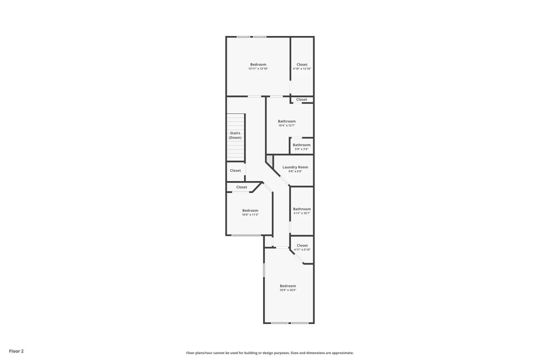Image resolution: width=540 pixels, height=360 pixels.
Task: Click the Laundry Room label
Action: coord(295,167)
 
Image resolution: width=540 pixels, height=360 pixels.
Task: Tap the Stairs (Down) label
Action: coord(235,135)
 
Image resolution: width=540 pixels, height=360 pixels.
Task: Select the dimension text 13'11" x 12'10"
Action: coord(258,69)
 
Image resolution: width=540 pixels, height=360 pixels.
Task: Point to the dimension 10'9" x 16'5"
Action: coord(288,290)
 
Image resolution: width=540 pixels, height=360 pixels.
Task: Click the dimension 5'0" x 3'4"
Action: coord(302,149)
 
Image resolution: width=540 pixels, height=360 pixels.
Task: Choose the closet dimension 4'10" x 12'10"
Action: coord(302,69)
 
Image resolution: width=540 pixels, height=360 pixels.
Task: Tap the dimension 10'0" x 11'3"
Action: coord(250,215)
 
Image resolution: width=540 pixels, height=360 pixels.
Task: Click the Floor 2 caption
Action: coord(17,351)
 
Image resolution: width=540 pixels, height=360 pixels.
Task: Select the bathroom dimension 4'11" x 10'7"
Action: coord(302,213)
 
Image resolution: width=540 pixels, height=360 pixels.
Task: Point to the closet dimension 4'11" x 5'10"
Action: coord(302,249)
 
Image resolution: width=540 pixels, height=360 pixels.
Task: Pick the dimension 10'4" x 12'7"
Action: coord(287,125)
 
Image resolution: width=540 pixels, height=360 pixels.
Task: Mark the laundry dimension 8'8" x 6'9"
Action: coord(295,171)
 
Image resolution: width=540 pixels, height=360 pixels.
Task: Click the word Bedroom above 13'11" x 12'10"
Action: coord(258,64)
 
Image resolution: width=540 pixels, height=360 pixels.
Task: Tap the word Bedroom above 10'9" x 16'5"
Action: coord(288,286)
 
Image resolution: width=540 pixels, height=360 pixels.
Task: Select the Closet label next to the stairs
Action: coord(235,171)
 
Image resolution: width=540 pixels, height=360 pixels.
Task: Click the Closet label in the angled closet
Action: coord(242,187)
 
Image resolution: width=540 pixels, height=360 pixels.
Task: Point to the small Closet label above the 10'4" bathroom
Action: coord(302,99)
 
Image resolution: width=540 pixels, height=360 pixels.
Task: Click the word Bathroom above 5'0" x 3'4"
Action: coord(302,145)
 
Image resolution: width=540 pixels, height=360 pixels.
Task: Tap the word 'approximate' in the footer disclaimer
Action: coord(343,353)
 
